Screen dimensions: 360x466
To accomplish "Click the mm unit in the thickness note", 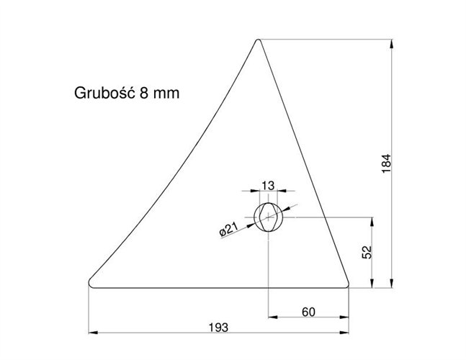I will point(167,93).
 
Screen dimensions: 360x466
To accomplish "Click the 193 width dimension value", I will point(218,327).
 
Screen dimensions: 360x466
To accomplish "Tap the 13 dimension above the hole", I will point(268,186).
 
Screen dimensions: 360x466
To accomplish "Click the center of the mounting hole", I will point(268,216).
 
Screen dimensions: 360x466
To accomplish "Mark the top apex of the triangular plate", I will point(259,40).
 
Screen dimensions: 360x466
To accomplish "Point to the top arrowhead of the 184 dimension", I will point(392,43).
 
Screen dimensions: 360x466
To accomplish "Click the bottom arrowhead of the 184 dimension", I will point(392,282).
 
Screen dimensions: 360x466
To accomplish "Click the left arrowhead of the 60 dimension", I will point(272,318).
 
